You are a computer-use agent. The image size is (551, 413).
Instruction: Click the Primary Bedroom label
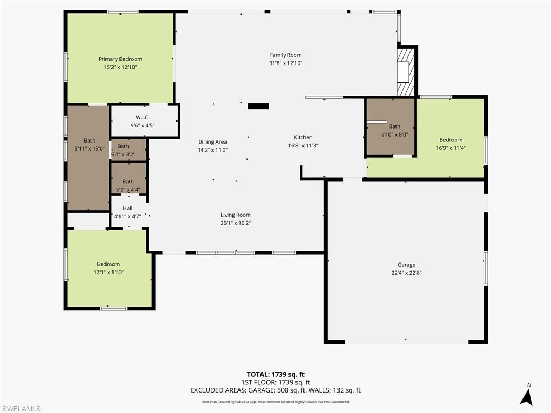[120, 59]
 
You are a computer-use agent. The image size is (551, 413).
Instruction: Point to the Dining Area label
[212, 142]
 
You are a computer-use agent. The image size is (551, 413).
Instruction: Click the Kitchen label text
[303, 137]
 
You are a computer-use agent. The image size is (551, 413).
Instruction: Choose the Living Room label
[236, 215]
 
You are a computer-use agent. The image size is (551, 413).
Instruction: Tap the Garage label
[406, 265]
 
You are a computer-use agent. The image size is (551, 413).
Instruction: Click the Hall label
[128, 208]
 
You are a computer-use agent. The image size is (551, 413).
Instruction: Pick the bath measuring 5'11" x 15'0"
[89, 141]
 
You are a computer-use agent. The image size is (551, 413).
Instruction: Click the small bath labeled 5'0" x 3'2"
[123, 146]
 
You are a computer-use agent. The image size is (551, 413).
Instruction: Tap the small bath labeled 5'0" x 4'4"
[128, 182]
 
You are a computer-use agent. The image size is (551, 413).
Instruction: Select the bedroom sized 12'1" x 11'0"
[108, 264]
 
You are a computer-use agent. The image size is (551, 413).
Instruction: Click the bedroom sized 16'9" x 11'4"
[450, 140]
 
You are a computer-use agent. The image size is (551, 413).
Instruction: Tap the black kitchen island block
[258, 106]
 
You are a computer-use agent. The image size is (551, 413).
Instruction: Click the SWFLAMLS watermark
[21, 408]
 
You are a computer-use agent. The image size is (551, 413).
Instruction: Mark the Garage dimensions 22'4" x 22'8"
[406, 273]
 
